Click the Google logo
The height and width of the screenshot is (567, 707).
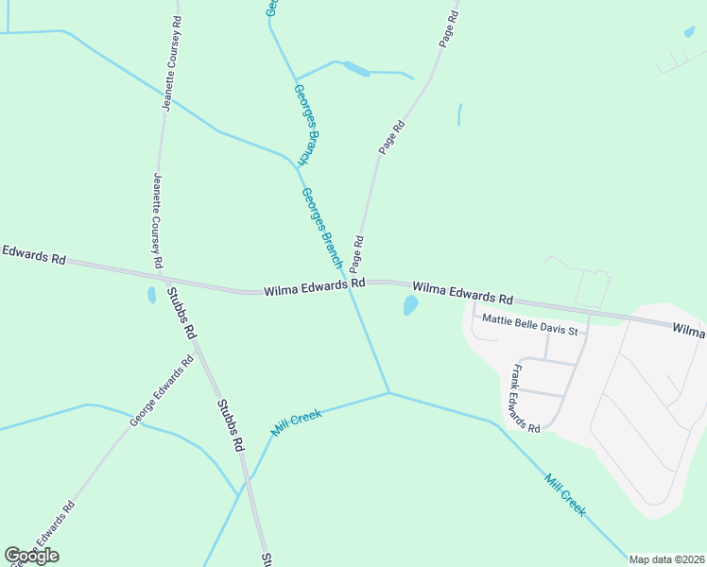[x=31, y=556]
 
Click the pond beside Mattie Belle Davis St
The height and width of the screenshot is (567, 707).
[x=410, y=305]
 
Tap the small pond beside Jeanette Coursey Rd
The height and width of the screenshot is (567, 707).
[x=151, y=295]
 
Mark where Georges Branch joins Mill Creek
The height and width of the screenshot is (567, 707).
[x=388, y=393]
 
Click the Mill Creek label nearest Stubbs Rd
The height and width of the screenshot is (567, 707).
[x=297, y=421]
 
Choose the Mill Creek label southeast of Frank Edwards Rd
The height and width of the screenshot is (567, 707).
[x=565, y=495]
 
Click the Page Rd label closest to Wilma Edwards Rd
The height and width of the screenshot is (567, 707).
[x=358, y=252]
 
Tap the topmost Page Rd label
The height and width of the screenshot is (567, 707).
[x=449, y=28]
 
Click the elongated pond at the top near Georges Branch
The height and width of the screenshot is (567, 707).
[x=356, y=68]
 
